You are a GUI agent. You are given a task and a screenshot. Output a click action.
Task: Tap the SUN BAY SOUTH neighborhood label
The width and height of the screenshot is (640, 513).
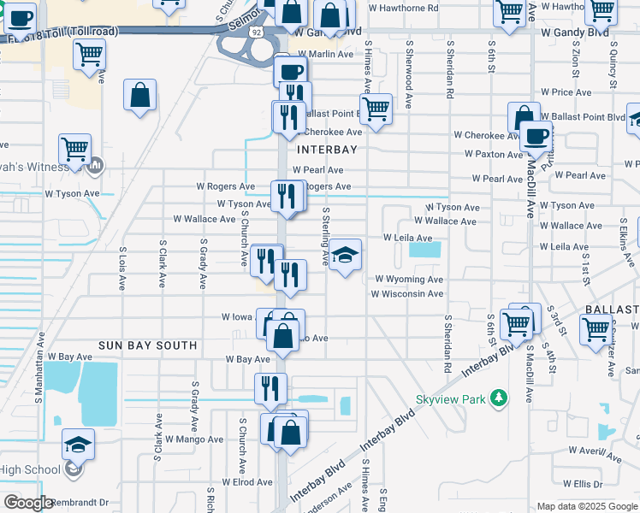(x=148, y=345)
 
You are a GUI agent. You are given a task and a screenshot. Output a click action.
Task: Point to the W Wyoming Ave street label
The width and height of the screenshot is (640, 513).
(x=408, y=279)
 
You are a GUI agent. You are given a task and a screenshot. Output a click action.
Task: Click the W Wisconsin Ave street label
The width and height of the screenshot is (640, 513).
(x=406, y=293)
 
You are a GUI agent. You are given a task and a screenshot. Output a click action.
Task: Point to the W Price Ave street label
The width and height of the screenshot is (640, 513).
(x=566, y=91)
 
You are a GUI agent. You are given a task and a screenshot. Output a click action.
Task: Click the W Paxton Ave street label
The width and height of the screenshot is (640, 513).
(x=494, y=154)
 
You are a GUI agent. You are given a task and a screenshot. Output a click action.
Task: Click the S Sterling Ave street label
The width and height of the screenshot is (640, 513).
(x=326, y=232)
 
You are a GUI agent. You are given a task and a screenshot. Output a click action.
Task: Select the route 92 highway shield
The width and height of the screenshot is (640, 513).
(x=257, y=32)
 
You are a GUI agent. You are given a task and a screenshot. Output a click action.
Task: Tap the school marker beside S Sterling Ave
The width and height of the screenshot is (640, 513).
(x=345, y=255)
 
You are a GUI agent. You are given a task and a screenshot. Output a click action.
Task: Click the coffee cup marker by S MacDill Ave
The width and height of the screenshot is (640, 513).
(x=537, y=135)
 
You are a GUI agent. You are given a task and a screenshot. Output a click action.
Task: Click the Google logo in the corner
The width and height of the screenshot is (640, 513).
(x=28, y=503)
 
